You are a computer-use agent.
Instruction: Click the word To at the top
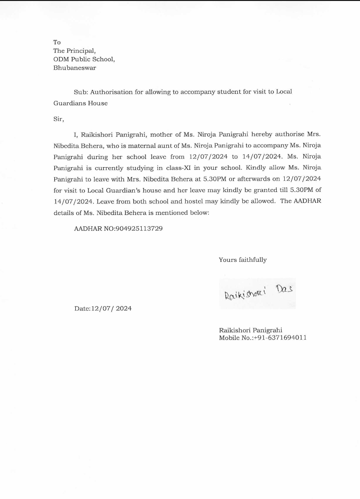pos(57,42)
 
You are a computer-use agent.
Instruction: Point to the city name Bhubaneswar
pos(75,68)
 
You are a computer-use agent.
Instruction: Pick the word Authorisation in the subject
pos(112,92)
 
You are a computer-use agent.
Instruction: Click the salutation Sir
pos(58,119)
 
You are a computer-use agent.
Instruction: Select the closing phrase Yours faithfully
pos(243,260)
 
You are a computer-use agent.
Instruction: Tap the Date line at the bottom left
pos(103,308)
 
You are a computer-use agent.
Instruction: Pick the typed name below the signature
pos(250,330)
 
